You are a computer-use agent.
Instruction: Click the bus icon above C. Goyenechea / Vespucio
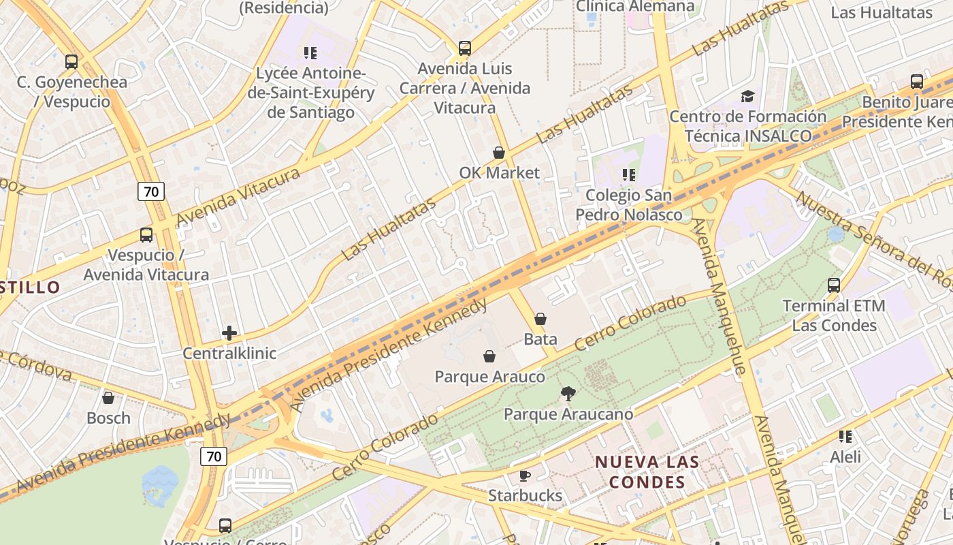point(71,62)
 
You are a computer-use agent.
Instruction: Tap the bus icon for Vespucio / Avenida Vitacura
point(146,235)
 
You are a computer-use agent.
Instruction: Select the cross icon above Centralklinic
point(229,333)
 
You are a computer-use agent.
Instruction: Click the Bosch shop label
point(108,418)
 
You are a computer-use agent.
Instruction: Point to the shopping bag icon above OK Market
point(499,153)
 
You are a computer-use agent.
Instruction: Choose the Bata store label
point(540,339)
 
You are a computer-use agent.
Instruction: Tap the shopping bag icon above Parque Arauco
point(489,356)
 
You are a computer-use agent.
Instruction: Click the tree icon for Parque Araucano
point(568,393)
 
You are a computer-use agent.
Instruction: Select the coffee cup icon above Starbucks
point(525,476)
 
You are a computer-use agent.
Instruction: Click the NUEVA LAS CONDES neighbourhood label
point(647,472)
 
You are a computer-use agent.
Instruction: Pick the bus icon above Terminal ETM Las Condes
point(834,285)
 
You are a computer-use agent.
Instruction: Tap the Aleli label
point(845,456)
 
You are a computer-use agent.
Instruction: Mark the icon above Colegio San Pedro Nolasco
point(628,175)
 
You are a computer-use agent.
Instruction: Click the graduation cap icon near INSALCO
point(747,96)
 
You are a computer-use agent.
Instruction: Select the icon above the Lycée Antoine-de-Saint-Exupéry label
point(310,52)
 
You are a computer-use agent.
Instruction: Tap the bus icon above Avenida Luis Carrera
point(465,48)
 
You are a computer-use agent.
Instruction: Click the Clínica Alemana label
point(635,6)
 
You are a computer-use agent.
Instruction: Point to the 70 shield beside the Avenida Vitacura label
point(151,191)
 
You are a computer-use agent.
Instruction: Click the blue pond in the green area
point(160,485)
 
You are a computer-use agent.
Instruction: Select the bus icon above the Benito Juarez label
point(917,82)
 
